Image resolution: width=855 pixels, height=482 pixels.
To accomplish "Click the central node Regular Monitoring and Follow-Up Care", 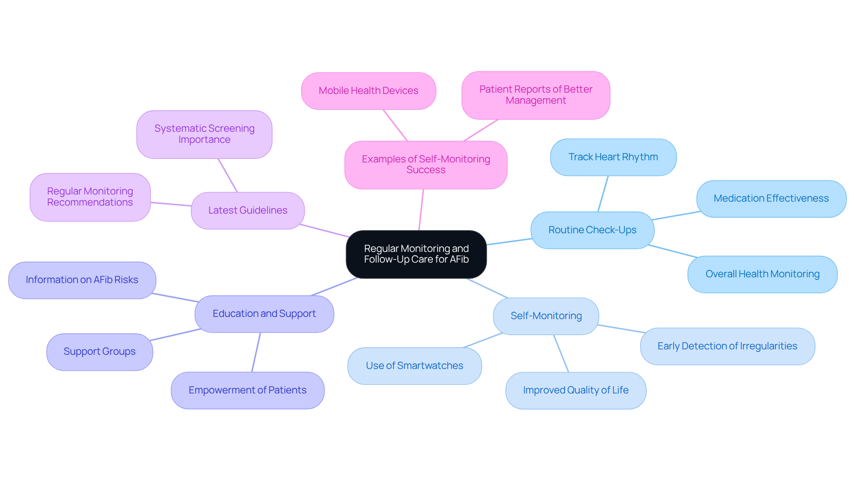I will coord(416,254).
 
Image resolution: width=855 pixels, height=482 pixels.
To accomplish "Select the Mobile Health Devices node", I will coord(368,91).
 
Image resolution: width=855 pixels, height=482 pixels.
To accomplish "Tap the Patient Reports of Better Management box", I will coord(535,95).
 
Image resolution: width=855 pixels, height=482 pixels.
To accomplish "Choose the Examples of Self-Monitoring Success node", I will coord(425,165).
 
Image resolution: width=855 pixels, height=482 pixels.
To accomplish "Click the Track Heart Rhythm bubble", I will coord(613,157).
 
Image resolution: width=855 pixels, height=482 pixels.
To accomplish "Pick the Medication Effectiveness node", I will coord(771,198).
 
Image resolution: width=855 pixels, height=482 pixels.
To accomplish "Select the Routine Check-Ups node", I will coord(592,230).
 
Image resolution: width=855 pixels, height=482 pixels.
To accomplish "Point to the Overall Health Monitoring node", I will coord(762,274).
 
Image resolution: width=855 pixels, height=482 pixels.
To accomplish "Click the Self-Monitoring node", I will coord(546,316).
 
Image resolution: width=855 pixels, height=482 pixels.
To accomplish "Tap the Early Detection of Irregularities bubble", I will coord(727,346).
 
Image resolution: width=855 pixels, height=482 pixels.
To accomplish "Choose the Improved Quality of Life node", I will coord(575,390).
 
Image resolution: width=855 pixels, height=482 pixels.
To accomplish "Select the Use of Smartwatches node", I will coord(414,366).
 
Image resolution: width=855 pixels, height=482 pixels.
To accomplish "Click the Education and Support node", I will coord(264,314).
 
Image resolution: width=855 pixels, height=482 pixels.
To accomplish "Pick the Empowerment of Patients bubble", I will coord(247,390).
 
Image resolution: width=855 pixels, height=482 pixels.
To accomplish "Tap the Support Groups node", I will coord(99,352).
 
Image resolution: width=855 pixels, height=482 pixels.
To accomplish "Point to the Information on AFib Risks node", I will coord(82,280).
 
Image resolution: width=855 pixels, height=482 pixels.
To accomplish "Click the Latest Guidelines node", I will coord(248,211).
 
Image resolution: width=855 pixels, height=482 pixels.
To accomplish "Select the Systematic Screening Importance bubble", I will coord(204,134).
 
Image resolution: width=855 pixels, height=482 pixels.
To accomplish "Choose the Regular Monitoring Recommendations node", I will coord(90,197).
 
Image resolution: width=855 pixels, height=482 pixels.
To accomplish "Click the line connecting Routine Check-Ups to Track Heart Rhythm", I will coord(603,194).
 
